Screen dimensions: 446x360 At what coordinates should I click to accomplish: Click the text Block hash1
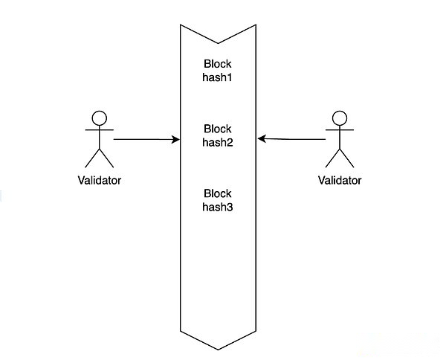pyautogui.click(x=218, y=71)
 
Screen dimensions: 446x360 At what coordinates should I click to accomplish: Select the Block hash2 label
pyautogui.click(x=218, y=135)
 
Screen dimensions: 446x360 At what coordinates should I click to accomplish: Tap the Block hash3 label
pyautogui.click(x=218, y=200)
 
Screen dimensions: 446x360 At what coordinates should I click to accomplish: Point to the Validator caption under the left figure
pyautogui.click(x=100, y=180)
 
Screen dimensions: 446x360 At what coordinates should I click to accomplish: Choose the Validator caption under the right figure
pyautogui.click(x=340, y=180)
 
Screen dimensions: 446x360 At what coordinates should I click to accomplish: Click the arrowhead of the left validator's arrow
pyautogui.click(x=176, y=139)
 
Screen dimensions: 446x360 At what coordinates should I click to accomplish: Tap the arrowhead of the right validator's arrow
pyautogui.click(x=261, y=139)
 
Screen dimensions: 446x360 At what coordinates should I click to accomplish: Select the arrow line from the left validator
pyautogui.click(x=146, y=139)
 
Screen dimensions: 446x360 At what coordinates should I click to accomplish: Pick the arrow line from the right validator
pyautogui.click(x=291, y=139)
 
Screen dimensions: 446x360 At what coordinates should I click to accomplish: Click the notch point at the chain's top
pyautogui.click(x=218, y=43)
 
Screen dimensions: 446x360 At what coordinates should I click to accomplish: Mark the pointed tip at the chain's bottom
pyautogui.click(x=218, y=350)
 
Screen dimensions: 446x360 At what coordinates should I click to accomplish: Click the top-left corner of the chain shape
pyautogui.click(x=181, y=25)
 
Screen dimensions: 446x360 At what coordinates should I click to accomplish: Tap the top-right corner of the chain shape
pyautogui.click(x=256, y=25)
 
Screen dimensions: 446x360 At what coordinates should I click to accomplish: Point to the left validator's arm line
pyautogui.click(x=100, y=129)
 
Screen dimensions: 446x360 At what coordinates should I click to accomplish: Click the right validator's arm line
pyautogui.click(x=340, y=129)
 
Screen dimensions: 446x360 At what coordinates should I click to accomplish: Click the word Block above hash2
pyautogui.click(x=218, y=129)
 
